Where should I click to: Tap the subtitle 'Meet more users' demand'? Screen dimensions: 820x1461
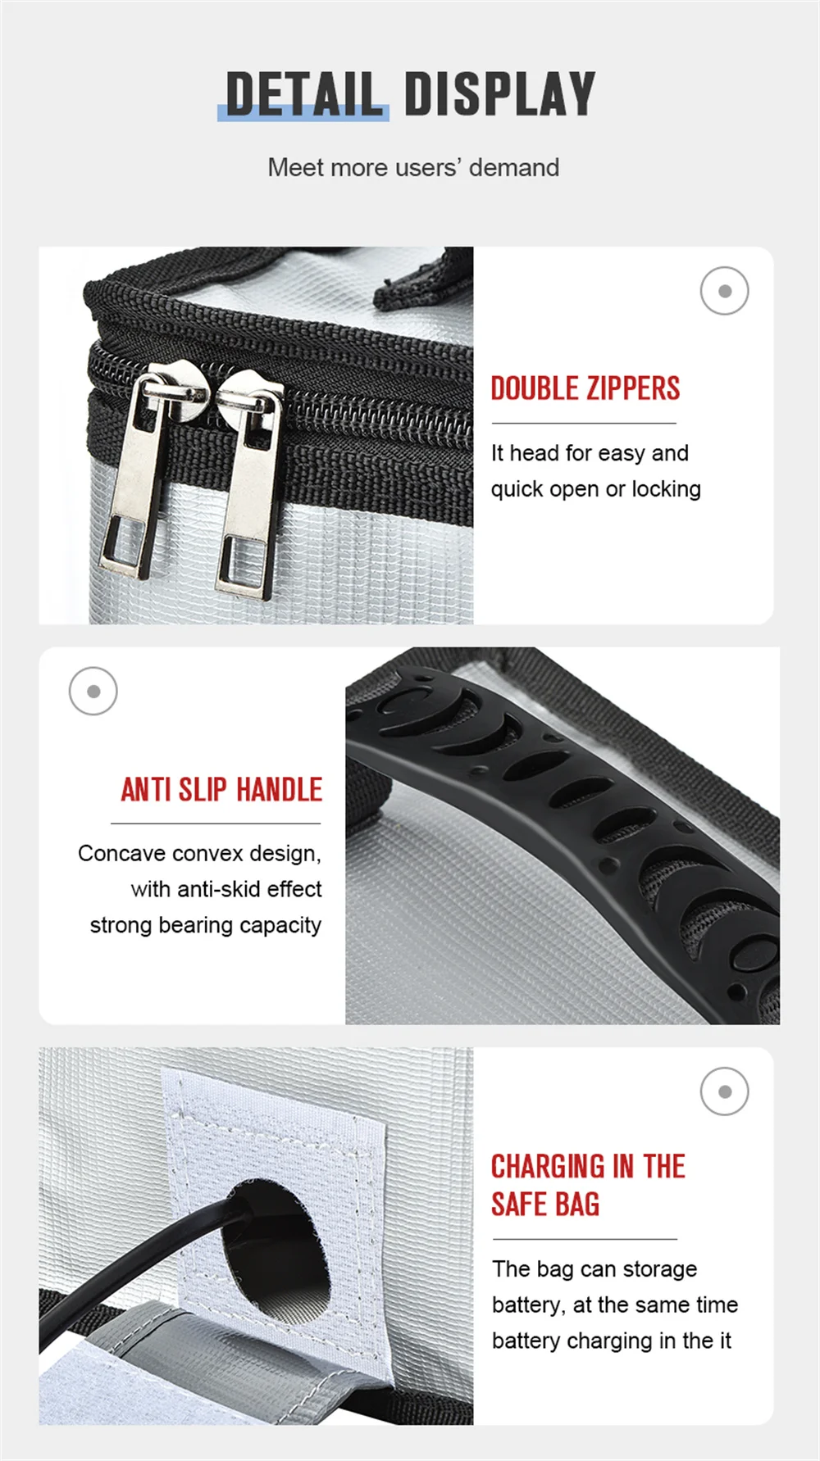coord(413,167)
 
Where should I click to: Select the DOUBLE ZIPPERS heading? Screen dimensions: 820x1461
coord(585,388)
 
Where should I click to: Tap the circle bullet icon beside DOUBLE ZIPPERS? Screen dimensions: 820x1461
coord(724,291)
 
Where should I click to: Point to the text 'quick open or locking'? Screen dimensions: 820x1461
coord(596,489)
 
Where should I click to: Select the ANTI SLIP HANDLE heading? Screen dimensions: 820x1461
coord(221,789)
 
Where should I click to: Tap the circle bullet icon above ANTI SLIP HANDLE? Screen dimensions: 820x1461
coord(93,691)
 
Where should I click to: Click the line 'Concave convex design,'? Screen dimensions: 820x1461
coord(199,853)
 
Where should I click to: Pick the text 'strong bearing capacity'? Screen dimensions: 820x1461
coord(206,925)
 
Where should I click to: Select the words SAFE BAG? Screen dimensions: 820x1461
coord(545,1205)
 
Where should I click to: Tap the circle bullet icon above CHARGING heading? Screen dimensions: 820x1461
coord(724,1091)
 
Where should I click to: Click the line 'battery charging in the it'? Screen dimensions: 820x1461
coord(612,1341)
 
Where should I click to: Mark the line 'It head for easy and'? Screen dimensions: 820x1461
coord(590,453)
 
